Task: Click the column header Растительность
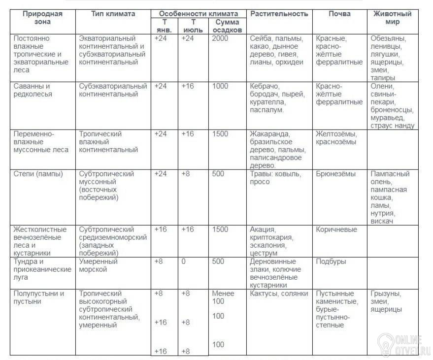279,14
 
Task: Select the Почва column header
339,14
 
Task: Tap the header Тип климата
113,14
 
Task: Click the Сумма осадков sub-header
228,26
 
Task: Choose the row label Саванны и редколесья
33,90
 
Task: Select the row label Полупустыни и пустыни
39,297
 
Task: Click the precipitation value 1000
220,86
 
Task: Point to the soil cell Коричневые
336,229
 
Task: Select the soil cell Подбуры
331,262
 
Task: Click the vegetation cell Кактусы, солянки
279,294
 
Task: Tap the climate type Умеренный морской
99,265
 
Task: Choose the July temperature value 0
184,262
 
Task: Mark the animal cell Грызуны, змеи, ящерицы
387,301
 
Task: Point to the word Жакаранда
269,134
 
